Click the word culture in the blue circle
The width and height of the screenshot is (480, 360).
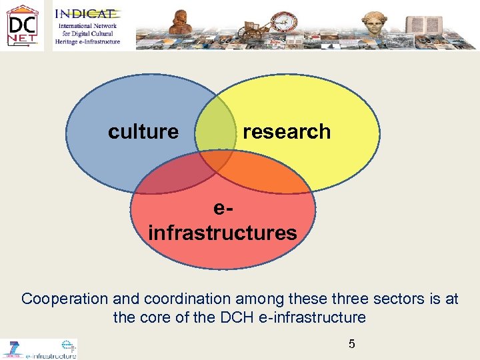(143, 132)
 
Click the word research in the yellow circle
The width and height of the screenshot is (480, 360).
(287, 132)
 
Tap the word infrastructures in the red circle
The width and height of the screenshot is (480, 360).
(223, 233)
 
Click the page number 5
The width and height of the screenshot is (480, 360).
(352, 344)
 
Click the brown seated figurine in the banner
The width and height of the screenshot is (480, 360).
(181, 22)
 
